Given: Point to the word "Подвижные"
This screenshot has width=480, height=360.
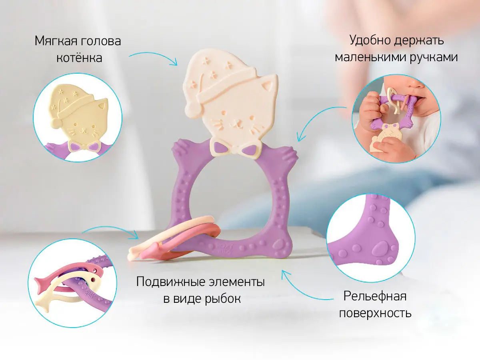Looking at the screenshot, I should (171, 282).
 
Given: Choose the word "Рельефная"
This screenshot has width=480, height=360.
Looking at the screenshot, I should (375, 296).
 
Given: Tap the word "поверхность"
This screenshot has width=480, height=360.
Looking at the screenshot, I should (375, 313).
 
